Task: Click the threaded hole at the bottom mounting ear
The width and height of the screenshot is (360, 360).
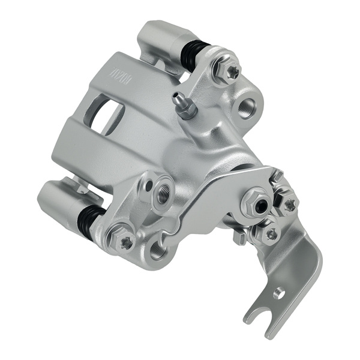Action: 157,249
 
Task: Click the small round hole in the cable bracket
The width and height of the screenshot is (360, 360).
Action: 279,293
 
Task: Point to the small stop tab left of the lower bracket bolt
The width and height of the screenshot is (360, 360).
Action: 240,238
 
